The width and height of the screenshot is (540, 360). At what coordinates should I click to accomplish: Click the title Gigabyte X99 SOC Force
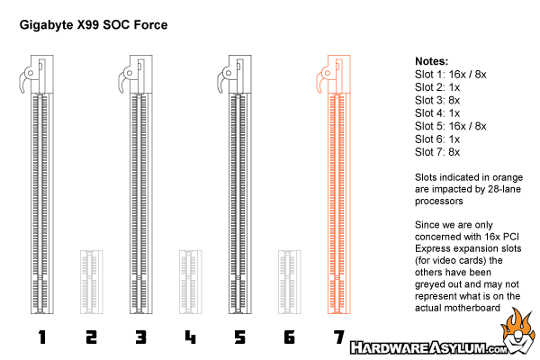[94, 25]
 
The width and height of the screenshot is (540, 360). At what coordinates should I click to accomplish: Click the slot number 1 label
[42, 337]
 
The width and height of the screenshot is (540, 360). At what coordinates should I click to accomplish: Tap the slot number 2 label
[91, 337]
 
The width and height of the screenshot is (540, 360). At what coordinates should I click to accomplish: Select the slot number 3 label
[141, 337]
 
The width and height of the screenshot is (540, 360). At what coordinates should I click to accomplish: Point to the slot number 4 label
[191, 337]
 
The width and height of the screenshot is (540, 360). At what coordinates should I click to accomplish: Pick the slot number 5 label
[240, 337]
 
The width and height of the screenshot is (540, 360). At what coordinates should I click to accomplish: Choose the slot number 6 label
[289, 337]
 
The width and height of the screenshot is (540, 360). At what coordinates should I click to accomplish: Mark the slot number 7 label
[339, 337]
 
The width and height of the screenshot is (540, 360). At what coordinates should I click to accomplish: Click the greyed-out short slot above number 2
[92, 282]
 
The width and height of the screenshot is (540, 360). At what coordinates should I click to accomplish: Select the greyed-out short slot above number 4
[191, 282]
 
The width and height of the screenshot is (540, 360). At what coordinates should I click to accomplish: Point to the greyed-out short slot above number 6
[290, 282]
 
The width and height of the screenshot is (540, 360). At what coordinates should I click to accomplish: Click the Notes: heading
[431, 61]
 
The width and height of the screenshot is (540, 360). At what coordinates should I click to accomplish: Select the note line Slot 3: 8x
[437, 100]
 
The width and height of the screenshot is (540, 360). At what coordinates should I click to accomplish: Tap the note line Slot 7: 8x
[437, 152]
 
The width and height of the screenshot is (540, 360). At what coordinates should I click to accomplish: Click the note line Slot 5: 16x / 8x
[451, 126]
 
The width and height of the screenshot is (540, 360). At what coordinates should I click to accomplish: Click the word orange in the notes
[508, 178]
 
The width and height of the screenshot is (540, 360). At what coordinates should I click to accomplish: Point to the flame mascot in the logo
[518, 331]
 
